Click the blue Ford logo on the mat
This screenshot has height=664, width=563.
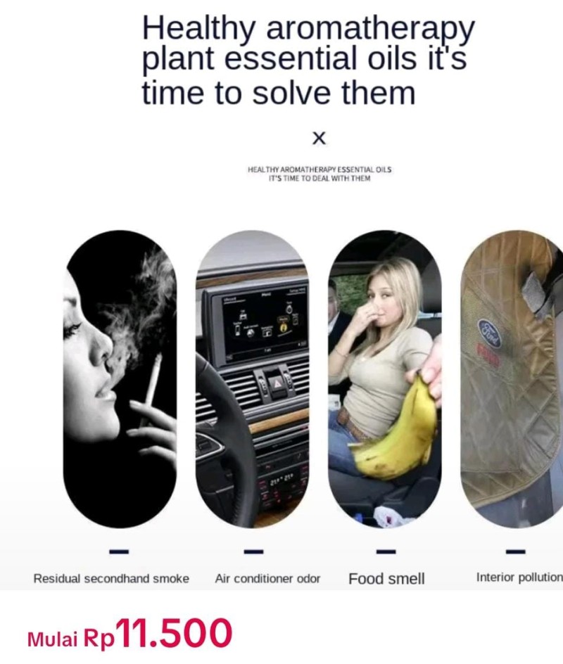click(489, 333)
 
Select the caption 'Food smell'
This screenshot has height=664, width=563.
click(386, 579)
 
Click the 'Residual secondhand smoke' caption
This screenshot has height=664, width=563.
click(111, 579)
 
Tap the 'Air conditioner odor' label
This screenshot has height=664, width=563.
click(267, 579)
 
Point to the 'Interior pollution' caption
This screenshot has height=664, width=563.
click(519, 577)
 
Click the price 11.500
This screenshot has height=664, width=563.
click(174, 634)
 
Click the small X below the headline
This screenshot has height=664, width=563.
click(319, 138)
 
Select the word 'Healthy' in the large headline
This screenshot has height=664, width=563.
click(199, 29)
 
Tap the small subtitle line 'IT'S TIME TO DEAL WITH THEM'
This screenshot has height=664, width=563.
click(319, 179)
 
